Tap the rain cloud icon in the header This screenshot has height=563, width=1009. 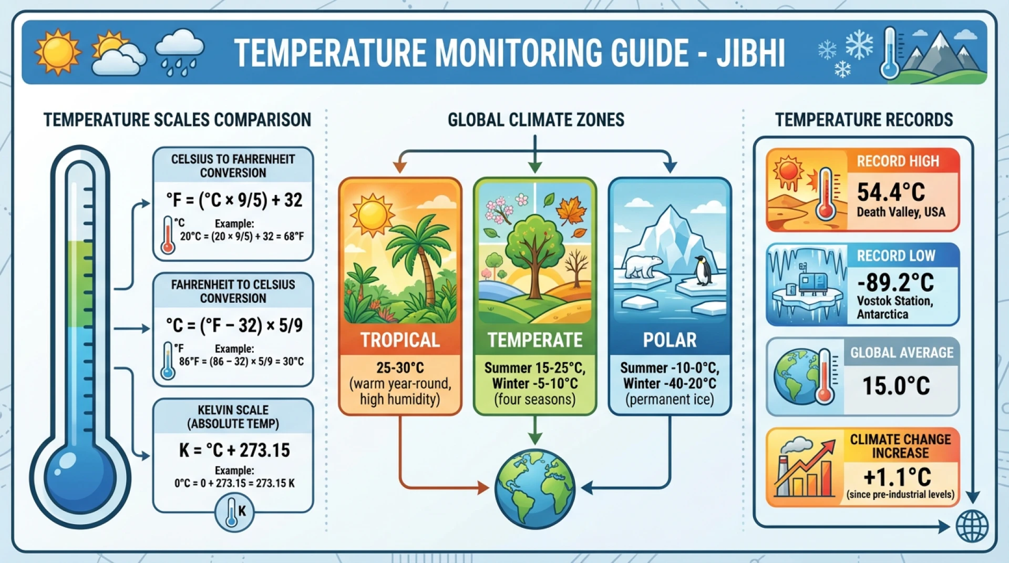(x=179, y=52)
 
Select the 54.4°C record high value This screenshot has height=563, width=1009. (x=891, y=192)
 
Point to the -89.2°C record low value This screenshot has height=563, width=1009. (x=895, y=283)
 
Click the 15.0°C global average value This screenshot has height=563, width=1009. (x=896, y=386)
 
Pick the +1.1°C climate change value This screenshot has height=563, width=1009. (x=897, y=477)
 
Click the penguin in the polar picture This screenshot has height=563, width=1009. (x=702, y=270)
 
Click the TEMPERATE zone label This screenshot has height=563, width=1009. (x=534, y=340)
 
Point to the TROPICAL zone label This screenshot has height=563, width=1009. (x=400, y=340)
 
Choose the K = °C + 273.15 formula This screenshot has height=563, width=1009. (x=234, y=451)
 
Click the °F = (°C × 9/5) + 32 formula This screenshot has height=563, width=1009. (x=234, y=200)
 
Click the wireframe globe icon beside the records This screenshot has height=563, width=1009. (x=972, y=526)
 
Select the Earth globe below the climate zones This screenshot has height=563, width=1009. (x=534, y=488)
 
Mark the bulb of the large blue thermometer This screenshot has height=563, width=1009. (x=80, y=477)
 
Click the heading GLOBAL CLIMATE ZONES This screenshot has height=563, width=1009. (x=536, y=120)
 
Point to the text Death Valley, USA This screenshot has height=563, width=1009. (x=901, y=212)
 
